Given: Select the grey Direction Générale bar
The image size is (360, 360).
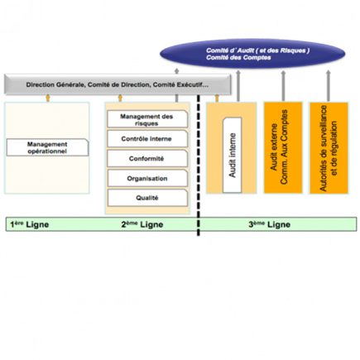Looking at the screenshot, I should click(x=116, y=84).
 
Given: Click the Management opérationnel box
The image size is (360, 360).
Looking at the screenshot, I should click(x=46, y=147).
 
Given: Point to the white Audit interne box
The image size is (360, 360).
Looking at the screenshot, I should click(x=233, y=148).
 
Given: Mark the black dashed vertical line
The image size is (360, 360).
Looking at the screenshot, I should click(x=199, y=166).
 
